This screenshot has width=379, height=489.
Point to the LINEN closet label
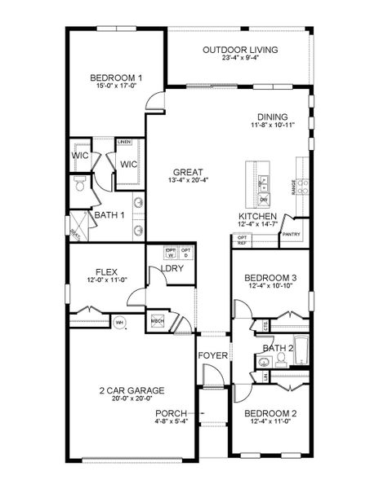[x=124, y=142]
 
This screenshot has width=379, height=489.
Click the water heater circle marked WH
[x=119, y=322]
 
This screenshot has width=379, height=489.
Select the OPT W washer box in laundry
[x=172, y=252]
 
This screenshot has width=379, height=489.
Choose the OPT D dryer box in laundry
[x=186, y=252]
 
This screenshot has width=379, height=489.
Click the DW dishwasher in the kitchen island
[x=263, y=200]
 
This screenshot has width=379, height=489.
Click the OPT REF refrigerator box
[x=242, y=240]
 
